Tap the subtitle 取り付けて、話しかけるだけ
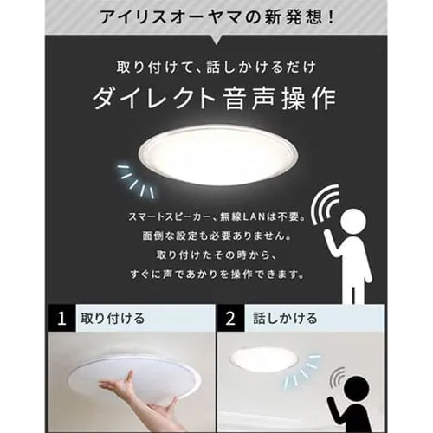(x=216, y=67)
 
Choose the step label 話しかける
(x=281, y=319)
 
